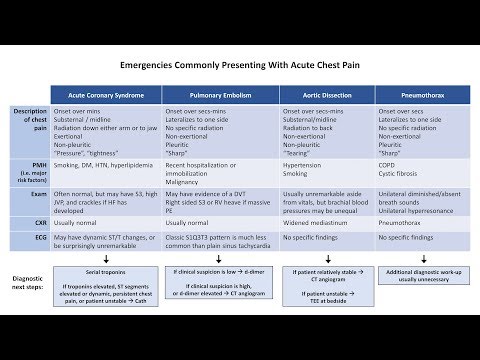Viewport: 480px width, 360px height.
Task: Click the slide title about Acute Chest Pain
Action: [x=240, y=69]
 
